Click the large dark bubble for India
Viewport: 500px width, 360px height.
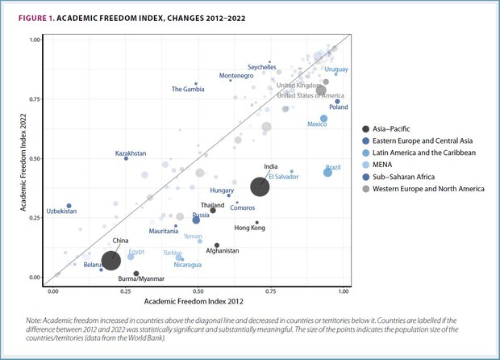[260, 187]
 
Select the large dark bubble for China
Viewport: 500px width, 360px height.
[111, 260]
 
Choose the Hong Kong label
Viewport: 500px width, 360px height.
[249, 228]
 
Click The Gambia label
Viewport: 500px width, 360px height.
[189, 89]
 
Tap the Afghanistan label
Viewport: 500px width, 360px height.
[223, 251]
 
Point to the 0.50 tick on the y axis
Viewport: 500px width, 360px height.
[35, 158]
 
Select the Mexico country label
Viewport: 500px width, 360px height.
[317, 124]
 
